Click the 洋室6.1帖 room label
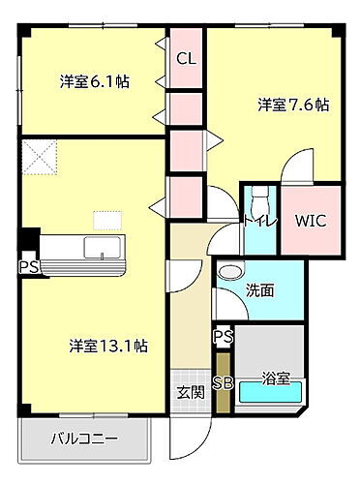pyautogui.click(x=94, y=81)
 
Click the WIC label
pyautogui.click(x=310, y=220)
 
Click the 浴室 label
pyautogui.click(x=277, y=379)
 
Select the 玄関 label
pyautogui.click(x=190, y=392)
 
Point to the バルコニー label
pyautogui.click(x=85, y=439)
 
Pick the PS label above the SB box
pyautogui.click(x=224, y=337)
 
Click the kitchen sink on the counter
pyautogui.click(x=100, y=248)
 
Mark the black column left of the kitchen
pyautogui.click(x=30, y=239)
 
